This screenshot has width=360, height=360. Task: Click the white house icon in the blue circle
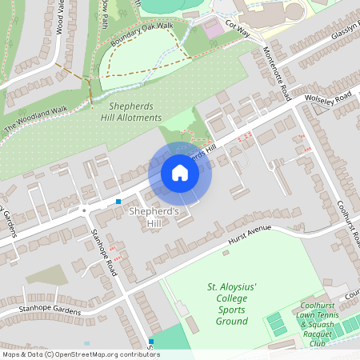pos(180,173)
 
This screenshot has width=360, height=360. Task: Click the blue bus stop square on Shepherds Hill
pos(118,202)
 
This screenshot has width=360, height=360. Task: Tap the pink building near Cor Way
pos(214,27)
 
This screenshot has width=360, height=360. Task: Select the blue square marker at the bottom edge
pos(150,342)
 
